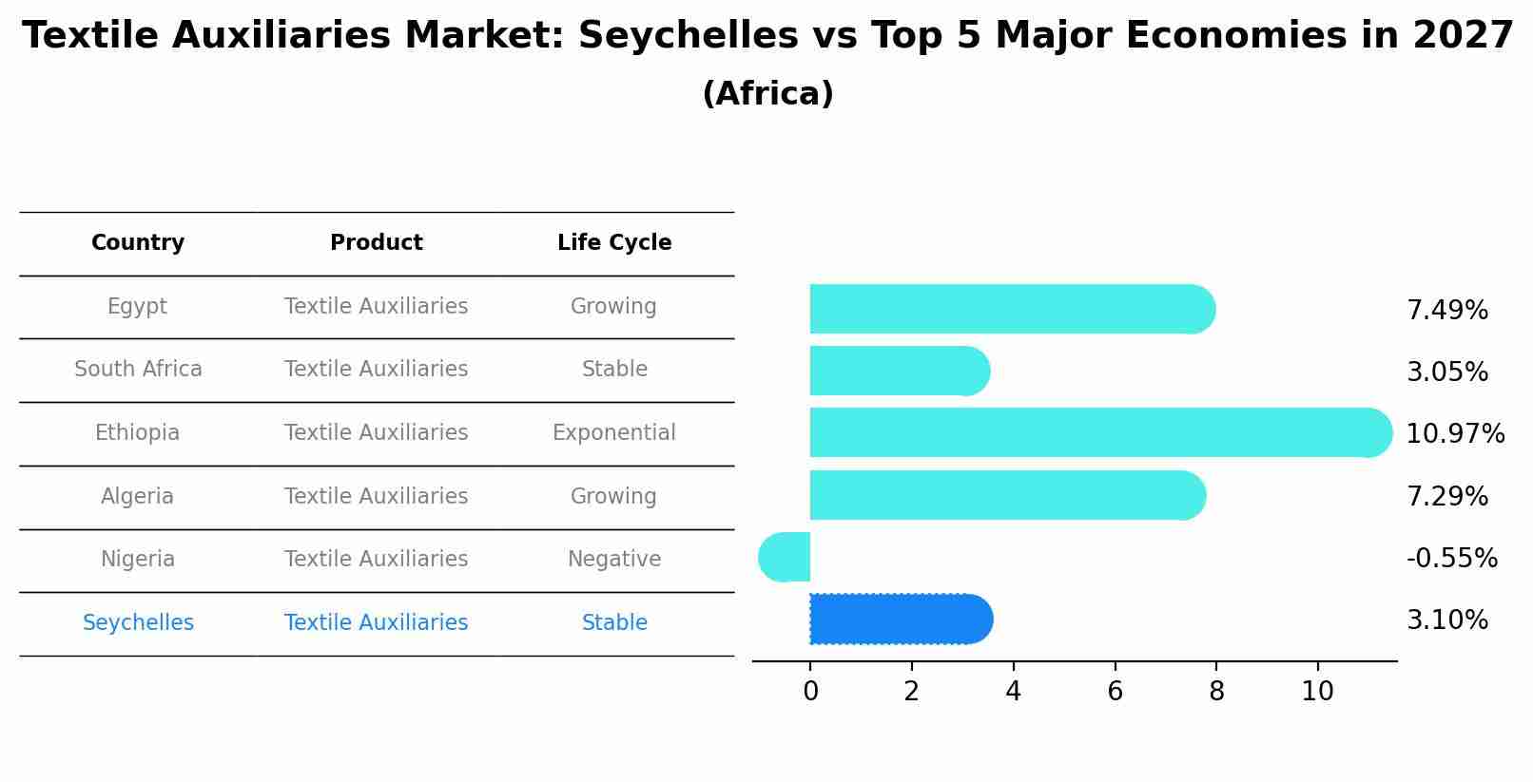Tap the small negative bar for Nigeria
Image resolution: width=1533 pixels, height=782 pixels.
786,557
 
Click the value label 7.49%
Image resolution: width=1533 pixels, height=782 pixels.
1446,311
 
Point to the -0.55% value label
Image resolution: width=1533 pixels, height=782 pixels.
1451,558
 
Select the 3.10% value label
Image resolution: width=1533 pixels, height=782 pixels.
1446,620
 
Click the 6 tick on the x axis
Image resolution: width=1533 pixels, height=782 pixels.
1115,692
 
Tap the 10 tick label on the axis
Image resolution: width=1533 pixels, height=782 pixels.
1317,692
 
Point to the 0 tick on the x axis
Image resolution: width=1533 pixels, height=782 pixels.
810,692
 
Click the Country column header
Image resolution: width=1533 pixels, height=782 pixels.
138,243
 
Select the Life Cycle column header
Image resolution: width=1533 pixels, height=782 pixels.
614,243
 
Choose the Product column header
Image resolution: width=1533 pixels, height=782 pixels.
376,243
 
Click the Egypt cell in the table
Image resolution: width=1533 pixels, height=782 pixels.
137,307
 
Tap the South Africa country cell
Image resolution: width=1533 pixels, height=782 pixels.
138,370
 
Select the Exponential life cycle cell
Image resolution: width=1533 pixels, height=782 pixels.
613,433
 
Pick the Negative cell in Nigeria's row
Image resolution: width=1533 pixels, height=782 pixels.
613,560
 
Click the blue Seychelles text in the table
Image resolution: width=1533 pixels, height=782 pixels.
138,623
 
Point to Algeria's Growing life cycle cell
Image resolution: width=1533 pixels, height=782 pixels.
613,497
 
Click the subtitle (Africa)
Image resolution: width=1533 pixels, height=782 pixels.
767,94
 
